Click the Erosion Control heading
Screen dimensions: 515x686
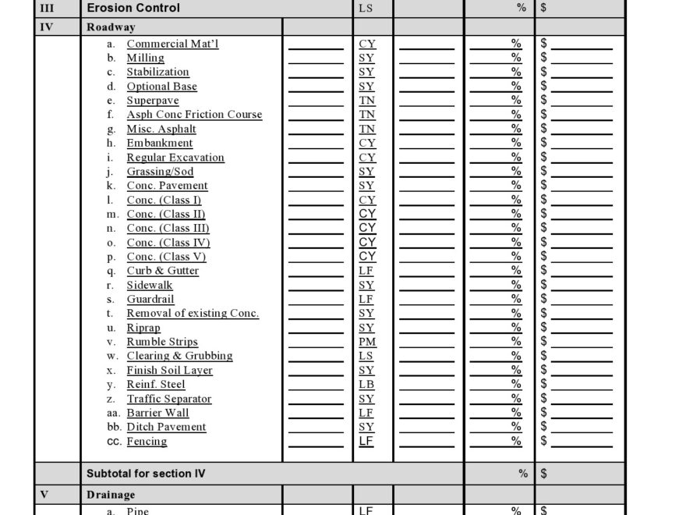click(x=133, y=8)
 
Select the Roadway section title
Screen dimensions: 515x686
click(x=111, y=27)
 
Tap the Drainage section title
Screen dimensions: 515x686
click(x=111, y=495)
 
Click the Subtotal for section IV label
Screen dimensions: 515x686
click(x=146, y=474)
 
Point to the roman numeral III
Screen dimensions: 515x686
click(x=48, y=8)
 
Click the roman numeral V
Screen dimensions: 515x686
click(x=44, y=495)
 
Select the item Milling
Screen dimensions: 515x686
click(x=146, y=58)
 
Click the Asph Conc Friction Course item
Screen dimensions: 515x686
click(x=194, y=115)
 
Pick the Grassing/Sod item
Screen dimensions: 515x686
click(x=160, y=172)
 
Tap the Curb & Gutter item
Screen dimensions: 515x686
click(x=163, y=271)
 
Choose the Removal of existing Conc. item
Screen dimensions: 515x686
click(x=193, y=314)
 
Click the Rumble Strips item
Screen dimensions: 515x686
click(x=162, y=342)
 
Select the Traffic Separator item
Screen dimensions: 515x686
click(x=169, y=399)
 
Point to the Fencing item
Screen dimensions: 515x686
click(x=147, y=442)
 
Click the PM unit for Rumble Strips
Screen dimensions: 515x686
click(x=366, y=342)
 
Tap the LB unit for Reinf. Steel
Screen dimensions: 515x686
click(x=366, y=385)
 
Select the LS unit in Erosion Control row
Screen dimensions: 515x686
click(x=366, y=9)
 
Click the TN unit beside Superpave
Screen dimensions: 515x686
click(x=366, y=101)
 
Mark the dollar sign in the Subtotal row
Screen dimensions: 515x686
click(x=543, y=474)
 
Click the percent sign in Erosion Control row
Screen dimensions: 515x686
click(x=522, y=8)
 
